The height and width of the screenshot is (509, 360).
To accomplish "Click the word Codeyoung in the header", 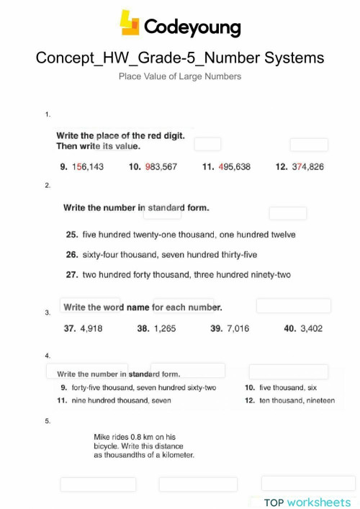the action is [192, 27].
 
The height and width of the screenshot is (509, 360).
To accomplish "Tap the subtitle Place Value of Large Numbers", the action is [180, 76].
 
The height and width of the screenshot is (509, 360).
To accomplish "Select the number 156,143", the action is [88, 166].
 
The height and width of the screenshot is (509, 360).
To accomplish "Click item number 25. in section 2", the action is [71, 235].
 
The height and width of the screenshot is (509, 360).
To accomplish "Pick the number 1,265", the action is [165, 328].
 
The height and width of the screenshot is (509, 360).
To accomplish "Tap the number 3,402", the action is [311, 328].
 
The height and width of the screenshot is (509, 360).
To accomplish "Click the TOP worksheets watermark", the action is [307, 502].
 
